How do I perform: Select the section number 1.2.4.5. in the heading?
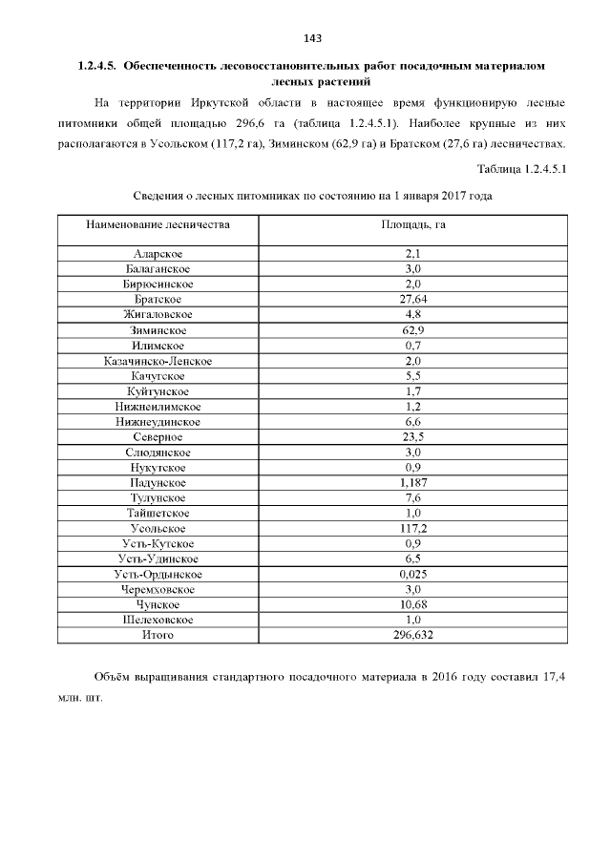click(96, 67)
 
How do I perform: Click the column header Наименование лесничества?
click(158, 225)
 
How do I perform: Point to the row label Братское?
click(158, 299)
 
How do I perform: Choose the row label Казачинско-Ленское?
click(158, 361)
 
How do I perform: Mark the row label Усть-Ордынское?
click(158, 574)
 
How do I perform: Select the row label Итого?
click(158, 635)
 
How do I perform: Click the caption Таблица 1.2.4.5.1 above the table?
click(521, 170)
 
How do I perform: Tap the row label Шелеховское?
click(158, 620)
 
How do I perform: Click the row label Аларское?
click(158, 253)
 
